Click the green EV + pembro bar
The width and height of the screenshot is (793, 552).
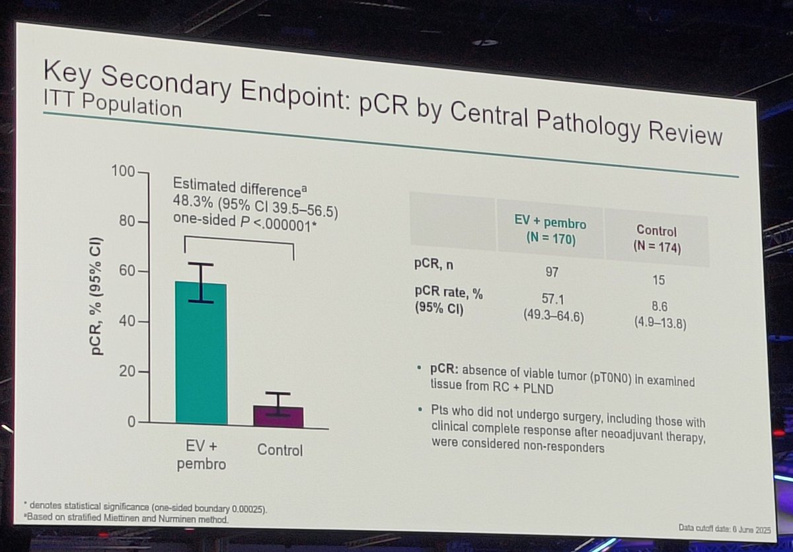click(201, 353)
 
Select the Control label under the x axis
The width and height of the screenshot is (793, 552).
click(279, 450)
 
